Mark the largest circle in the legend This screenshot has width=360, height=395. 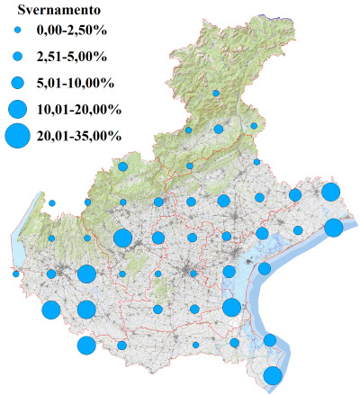click(17, 137)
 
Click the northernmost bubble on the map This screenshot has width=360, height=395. click(216, 93)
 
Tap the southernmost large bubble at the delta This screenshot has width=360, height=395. click(273, 375)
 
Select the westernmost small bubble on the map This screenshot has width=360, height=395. click(16, 274)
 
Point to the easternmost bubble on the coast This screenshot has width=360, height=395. click(333, 228)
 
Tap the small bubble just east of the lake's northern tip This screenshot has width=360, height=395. click(52, 203)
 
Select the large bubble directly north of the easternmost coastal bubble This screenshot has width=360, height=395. click(330, 192)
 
